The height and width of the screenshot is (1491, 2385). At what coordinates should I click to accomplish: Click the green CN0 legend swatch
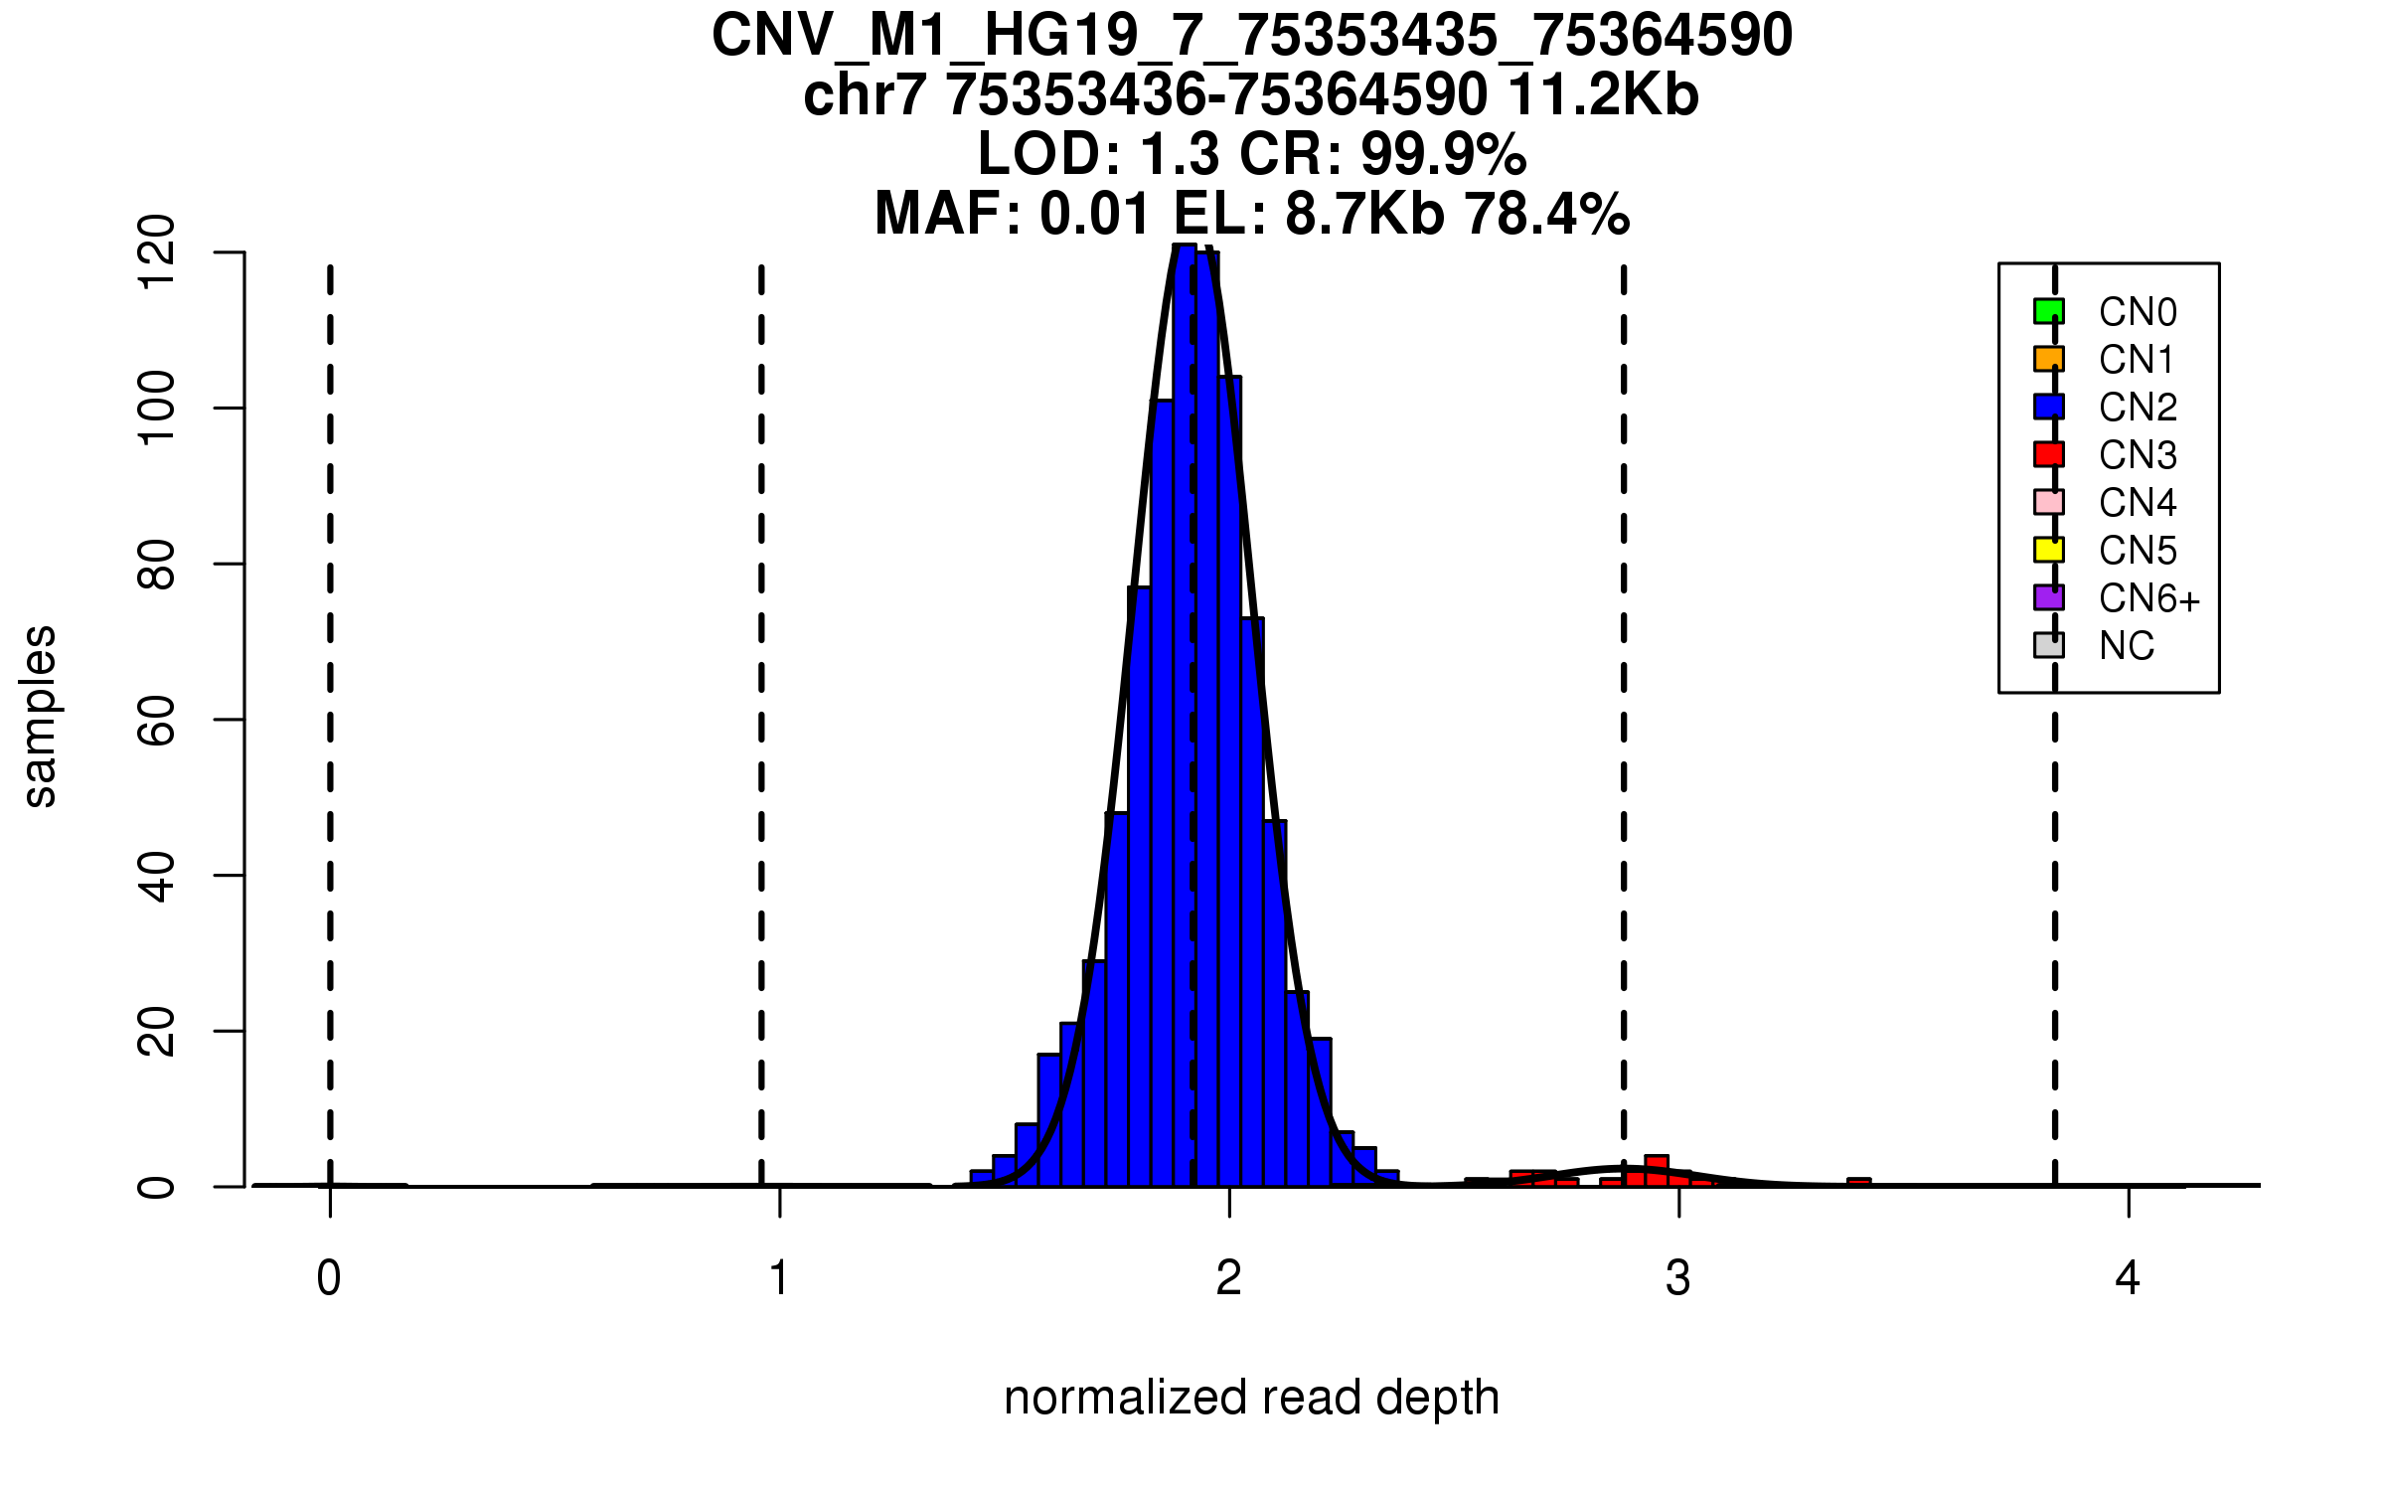tap(2048, 311)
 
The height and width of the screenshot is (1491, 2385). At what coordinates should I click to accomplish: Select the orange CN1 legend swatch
tap(2048, 359)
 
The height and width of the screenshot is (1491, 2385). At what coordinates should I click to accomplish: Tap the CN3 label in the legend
tap(2138, 455)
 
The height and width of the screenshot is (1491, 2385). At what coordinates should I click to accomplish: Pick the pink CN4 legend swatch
tap(2048, 502)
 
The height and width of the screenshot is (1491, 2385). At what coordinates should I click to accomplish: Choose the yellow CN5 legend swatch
tap(2048, 550)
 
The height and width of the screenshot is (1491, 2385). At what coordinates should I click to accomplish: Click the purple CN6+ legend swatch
tap(2048, 597)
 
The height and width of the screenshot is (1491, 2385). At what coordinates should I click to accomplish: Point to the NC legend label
tap(2127, 646)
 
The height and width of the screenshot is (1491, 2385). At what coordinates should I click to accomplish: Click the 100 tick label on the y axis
tap(157, 408)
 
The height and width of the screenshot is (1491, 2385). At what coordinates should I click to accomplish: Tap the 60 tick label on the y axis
tap(157, 720)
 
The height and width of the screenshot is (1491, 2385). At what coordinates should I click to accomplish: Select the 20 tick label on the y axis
tap(157, 1031)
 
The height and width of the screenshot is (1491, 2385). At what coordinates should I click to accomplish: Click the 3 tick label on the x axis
tap(1678, 1278)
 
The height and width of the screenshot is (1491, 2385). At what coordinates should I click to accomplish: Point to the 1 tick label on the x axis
tap(779, 1278)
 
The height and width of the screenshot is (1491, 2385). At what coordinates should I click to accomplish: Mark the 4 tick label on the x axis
tap(2128, 1278)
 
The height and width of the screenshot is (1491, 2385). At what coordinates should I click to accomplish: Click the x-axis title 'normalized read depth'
tap(1251, 1398)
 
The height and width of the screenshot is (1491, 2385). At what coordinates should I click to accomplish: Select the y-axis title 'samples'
tap(40, 716)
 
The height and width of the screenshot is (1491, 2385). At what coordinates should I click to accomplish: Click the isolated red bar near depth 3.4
tap(1858, 1182)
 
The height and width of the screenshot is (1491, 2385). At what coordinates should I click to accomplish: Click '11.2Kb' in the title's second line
tap(1602, 95)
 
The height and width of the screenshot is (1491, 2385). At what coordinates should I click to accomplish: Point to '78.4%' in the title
tap(1546, 214)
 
